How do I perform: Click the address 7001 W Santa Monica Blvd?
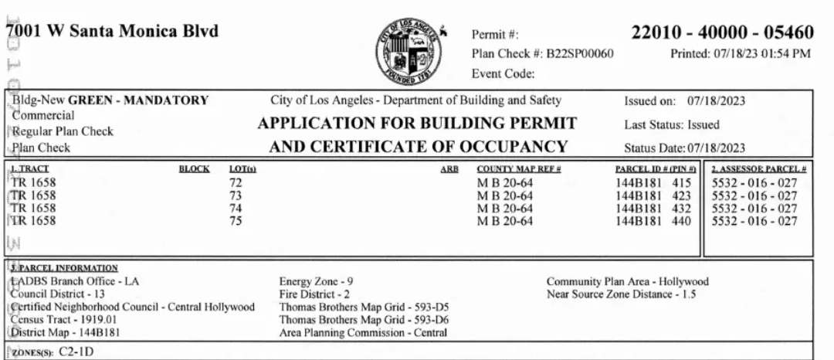click(x=112, y=32)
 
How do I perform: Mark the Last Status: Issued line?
click(x=672, y=124)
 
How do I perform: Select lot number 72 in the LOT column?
click(x=236, y=182)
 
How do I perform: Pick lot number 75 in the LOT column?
click(x=236, y=222)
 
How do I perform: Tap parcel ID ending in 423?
click(x=652, y=196)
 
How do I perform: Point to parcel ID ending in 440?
click(x=652, y=222)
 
